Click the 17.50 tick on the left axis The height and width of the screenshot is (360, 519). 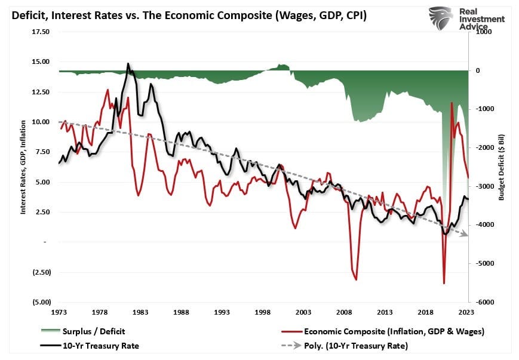[x=41, y=32]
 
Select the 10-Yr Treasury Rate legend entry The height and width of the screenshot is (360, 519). [x=100, y=346]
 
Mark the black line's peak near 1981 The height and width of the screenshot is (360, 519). [x=128, y=63]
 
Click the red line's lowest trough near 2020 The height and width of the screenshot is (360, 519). [x=444, y=283]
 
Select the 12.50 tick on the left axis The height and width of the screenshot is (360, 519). [x=41, y=92]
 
